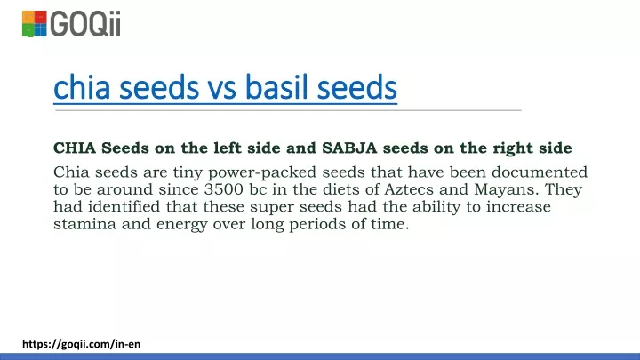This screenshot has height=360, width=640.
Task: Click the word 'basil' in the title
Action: [276, 87]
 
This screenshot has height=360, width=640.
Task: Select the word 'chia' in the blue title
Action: [82, 87]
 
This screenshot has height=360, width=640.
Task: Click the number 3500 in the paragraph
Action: [223, 189]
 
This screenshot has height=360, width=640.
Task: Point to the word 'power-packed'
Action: [262, 173]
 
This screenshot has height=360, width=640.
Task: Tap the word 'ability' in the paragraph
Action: [436, 207]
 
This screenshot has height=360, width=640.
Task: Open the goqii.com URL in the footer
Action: [81, 344]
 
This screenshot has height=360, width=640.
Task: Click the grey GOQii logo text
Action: [85, 24]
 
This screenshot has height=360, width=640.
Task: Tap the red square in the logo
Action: [40, 17]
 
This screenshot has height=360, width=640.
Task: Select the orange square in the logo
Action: [28, 17]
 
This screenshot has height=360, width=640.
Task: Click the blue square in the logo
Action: [40, 30]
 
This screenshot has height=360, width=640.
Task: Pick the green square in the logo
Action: [28, 30]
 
